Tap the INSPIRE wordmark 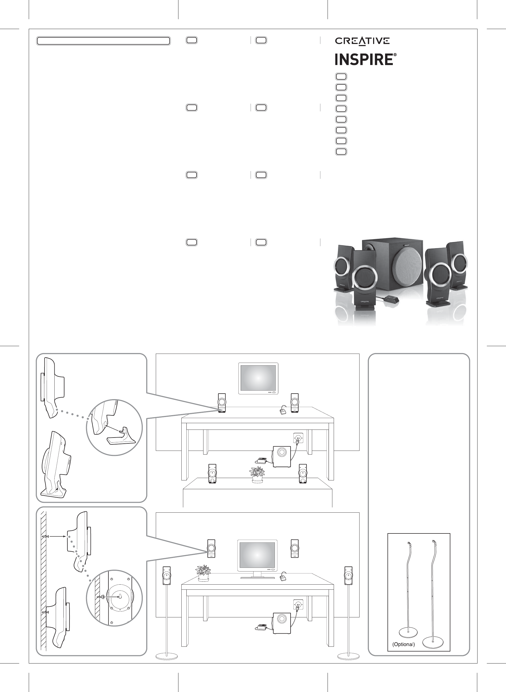tap(364, 59)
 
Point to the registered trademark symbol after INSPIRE tap(395, 55)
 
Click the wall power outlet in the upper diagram tap(298, 439)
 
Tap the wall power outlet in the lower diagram tap(298, 605)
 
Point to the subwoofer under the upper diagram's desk tap(281, 456)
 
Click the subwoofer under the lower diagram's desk tap(282, 623)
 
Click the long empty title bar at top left tap(103, 41)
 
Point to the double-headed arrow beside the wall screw tap(57, 536)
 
